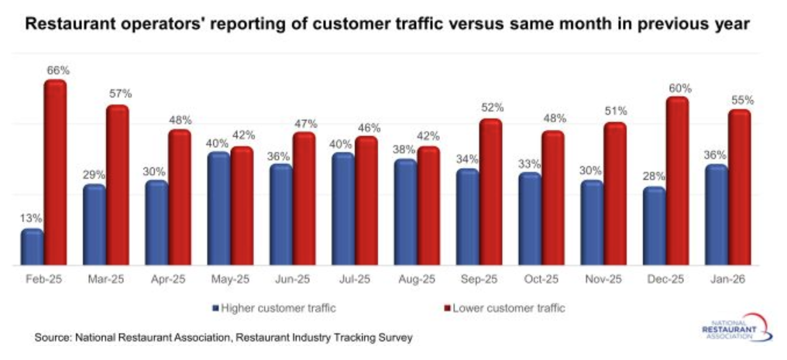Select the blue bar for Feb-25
[x=32, y=247]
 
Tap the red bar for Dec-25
[x=678, y=181]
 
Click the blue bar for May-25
[x=219, y=208]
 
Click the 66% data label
[x=57, y=70]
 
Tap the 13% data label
[x=31, y=218]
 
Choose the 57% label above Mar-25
[x=119, y=94]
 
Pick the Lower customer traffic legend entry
[x=508, y=308]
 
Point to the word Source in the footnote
[x=53, y=338]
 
